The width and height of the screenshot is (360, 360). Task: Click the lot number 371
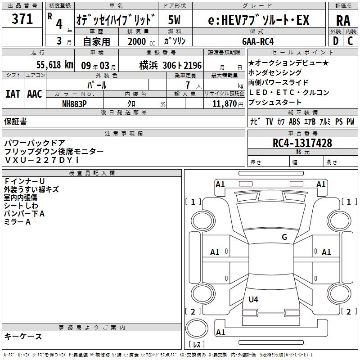coord(22,19)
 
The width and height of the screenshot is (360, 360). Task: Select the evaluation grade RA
coord(343,20)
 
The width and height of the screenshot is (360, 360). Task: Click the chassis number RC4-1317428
coord(302,143)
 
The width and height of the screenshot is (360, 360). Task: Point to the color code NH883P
coord(75,103)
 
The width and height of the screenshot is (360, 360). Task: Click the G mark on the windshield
coord(284,237)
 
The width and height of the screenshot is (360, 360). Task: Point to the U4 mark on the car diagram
coord(253,299)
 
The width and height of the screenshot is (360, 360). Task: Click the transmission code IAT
coord(13,94)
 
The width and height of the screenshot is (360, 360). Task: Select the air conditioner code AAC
coord(34,94)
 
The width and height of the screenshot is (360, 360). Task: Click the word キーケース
coord(23,337)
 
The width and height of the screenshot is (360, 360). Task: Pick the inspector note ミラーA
coord(18,222)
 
